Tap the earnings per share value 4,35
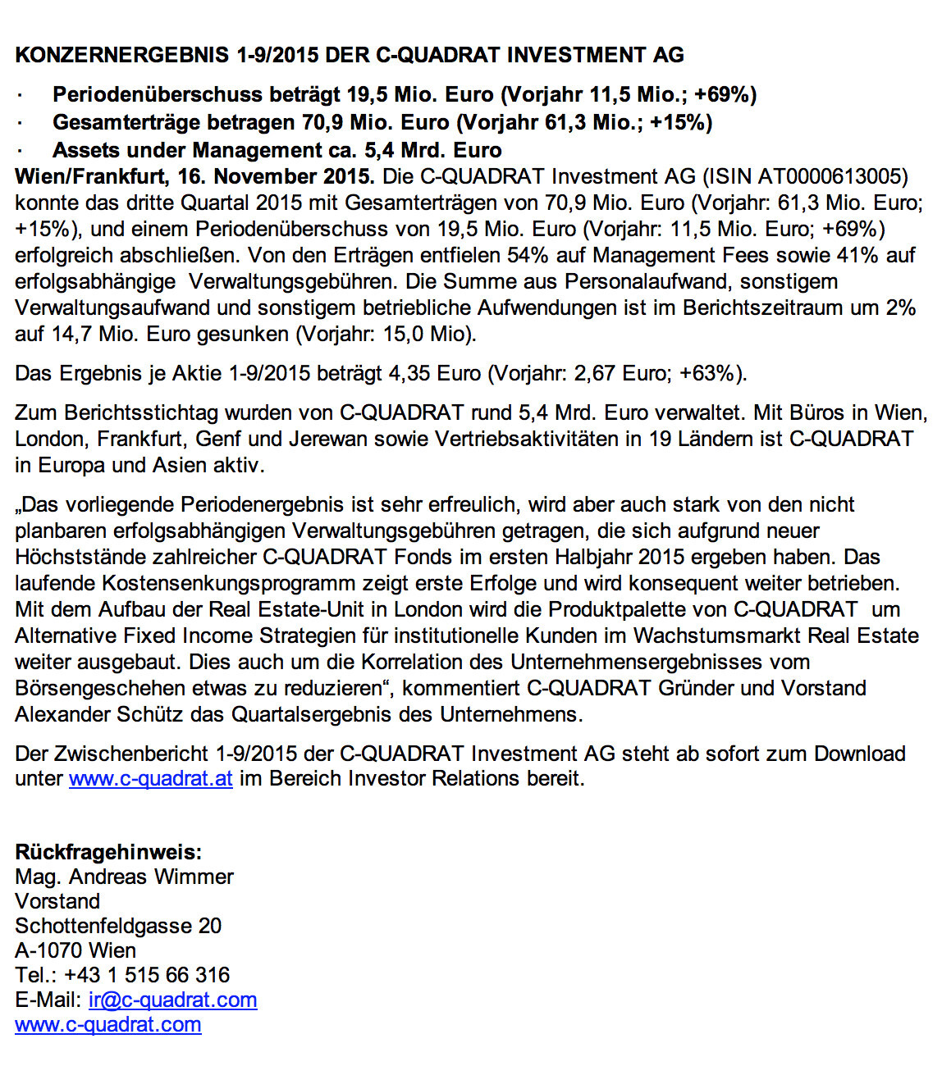[409, 373]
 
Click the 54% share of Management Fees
[527, 255]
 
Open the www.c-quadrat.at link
[151, 778]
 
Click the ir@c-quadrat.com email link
[172, 1000]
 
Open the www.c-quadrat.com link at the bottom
[108, 1024]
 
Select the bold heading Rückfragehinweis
[108, 852]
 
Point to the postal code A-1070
[48, 950]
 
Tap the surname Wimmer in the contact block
[194, 877]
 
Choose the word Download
[859, 754]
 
